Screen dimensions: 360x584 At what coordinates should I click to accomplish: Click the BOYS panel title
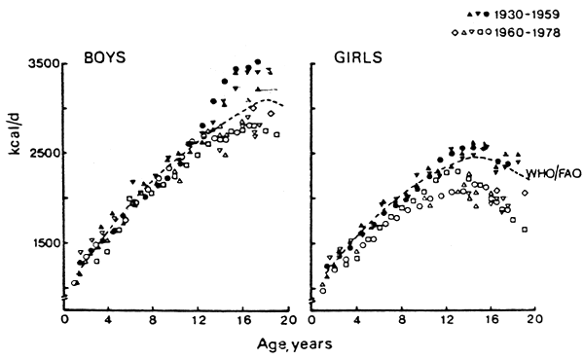pyautogui.click(x=101, y=55)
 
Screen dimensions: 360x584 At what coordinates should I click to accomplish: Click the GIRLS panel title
pyautogui.click(x=354, y=55)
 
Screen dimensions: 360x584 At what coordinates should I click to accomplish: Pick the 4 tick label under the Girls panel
pyautogui.click(x=357, y=318)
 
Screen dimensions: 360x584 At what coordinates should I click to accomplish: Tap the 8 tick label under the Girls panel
pyautogui.click(x=402, y=318)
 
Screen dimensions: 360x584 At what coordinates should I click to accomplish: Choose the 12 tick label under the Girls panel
pyautogui.click(x=446, y=318)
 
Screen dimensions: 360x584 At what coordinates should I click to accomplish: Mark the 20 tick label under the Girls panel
pyautogui.click(x=534, y=318)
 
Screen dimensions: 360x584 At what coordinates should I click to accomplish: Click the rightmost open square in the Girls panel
pyautogui.click(x=525, y=230)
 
